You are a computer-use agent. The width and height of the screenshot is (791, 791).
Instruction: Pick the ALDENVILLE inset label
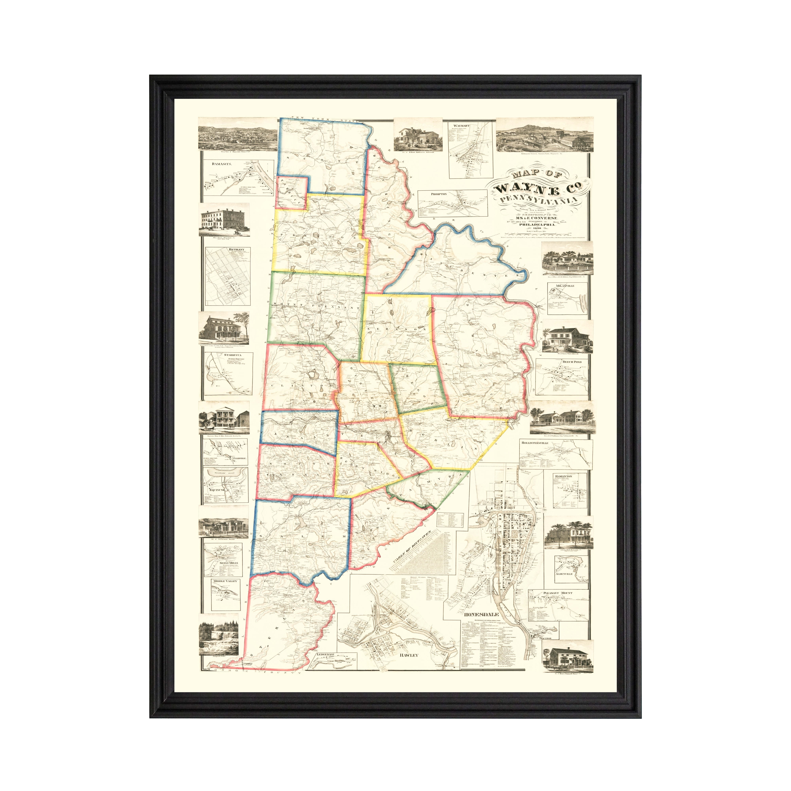coord(564,574)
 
